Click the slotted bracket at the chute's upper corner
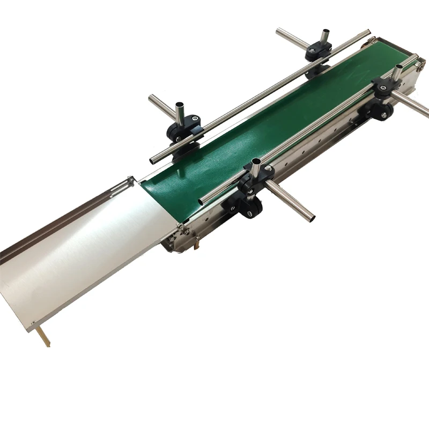124,185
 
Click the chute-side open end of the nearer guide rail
202,201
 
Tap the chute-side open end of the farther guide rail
153,160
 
